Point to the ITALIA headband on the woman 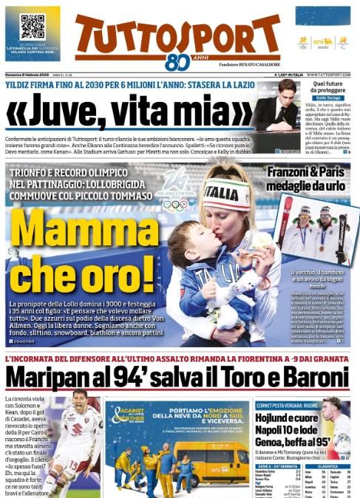[226, 194]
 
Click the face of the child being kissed [185, 239]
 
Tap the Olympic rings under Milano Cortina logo [175, 205]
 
